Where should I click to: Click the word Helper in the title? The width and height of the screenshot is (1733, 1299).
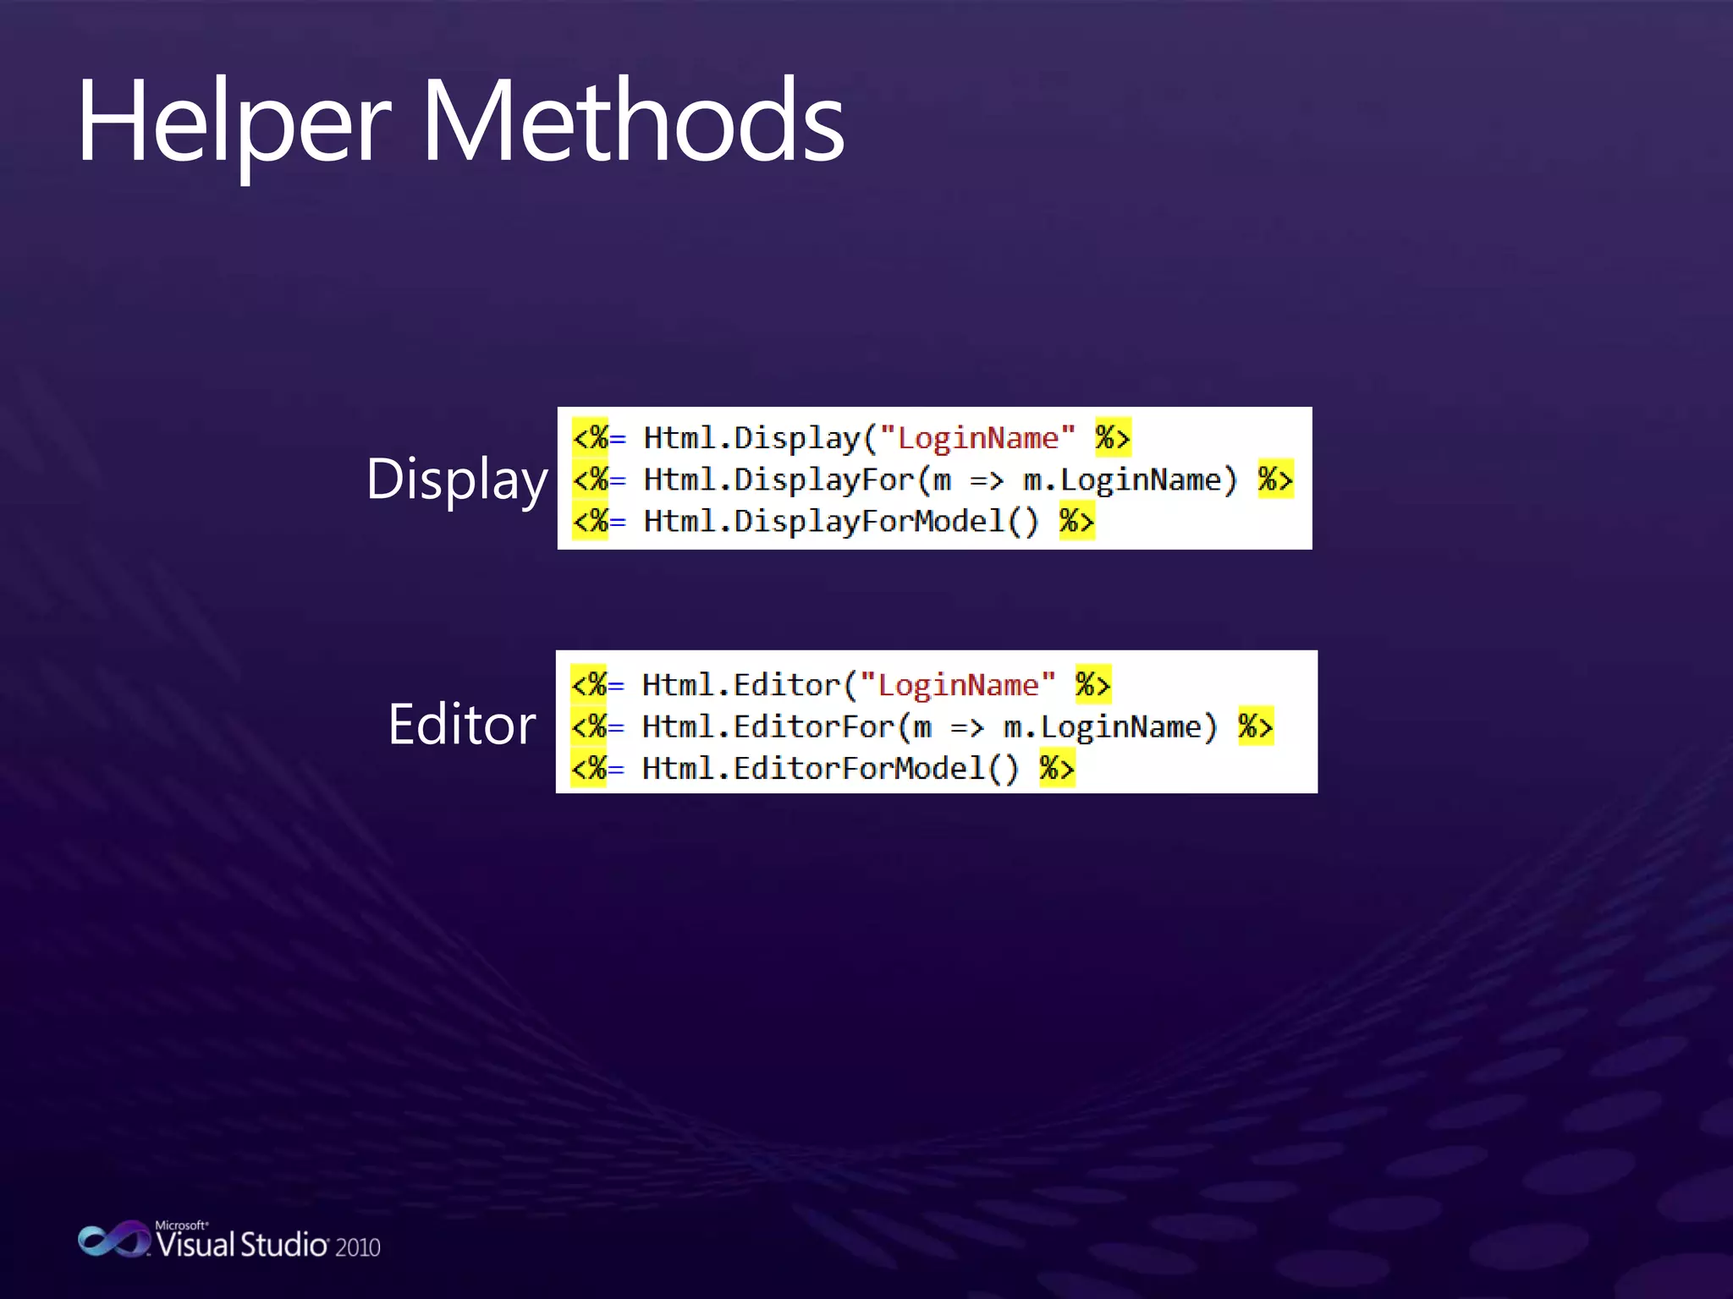234,123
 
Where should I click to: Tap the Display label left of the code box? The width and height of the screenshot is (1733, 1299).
457,480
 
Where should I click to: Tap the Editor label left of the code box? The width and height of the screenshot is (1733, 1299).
462,725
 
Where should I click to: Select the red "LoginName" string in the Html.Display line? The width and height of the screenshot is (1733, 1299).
977,438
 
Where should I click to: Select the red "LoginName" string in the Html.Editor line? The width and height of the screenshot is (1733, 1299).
958,685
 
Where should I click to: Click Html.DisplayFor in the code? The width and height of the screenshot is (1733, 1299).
778,480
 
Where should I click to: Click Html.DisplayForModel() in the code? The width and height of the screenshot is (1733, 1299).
841,521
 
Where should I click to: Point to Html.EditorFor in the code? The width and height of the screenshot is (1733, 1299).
768,726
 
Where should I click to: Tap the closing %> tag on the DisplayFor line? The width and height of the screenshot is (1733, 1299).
1275,480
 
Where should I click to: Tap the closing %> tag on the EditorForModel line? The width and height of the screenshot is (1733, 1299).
1057,768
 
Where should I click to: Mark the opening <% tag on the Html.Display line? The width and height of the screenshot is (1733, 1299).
591,438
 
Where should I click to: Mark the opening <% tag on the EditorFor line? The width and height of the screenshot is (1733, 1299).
589,726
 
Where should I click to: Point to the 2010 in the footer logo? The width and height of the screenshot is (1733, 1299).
357,1247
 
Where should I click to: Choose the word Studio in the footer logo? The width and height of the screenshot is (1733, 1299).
284,1245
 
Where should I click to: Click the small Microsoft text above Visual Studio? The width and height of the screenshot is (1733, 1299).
181,1225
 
